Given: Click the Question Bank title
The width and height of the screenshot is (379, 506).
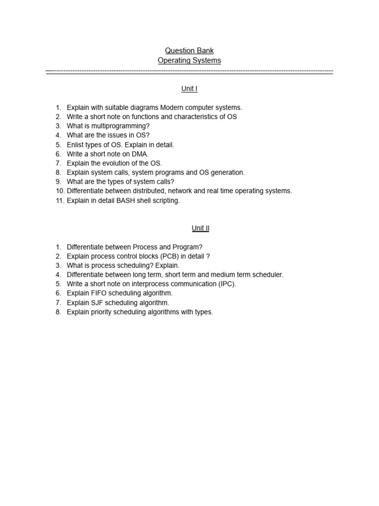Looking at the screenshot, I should (x=189, y=50).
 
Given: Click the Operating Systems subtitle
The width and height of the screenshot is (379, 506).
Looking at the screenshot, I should (x=189, y=60).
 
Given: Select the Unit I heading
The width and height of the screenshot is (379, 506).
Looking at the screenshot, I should (x=189, y=89).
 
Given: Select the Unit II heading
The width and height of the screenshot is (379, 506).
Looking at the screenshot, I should (x=200, y=228).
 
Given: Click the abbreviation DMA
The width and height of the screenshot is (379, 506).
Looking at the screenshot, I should (x=140, y=154).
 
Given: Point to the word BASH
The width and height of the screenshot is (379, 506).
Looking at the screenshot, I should (x=115, y=201).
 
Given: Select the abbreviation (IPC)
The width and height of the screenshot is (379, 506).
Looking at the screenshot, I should (x=227, y=284).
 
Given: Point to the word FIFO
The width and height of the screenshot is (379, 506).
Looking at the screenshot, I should (x=98, y=293).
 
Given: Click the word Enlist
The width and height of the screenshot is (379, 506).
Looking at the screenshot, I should (x=76, y=145).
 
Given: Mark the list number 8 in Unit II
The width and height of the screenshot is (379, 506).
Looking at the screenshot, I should (x=58, y=312).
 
